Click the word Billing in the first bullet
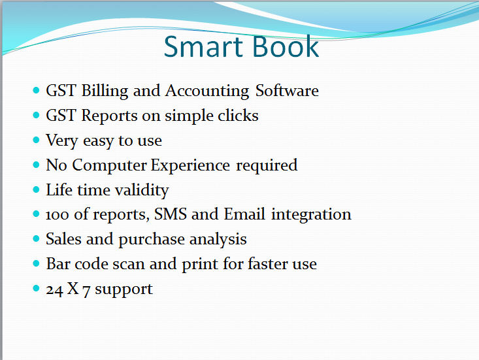(x=105, y=91)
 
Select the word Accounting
(x=207, y=91)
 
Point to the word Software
(x=287, y=90)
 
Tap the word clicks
(x=238, y=116)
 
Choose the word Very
(x=62, y=141)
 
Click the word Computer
(x=109, y=166)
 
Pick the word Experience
(x=190, y=166)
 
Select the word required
(x=267, y=166)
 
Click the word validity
(x=142, y=191)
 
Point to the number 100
(x=57, y=215)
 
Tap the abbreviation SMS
(x=171, y=214)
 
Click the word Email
(x=244, y=214)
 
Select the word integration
(x=311, y=215)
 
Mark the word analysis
(x=218, y=240)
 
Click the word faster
(x=268, y=263)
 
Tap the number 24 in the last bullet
(x=54, y=290)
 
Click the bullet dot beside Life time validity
(x=36, y=189)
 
